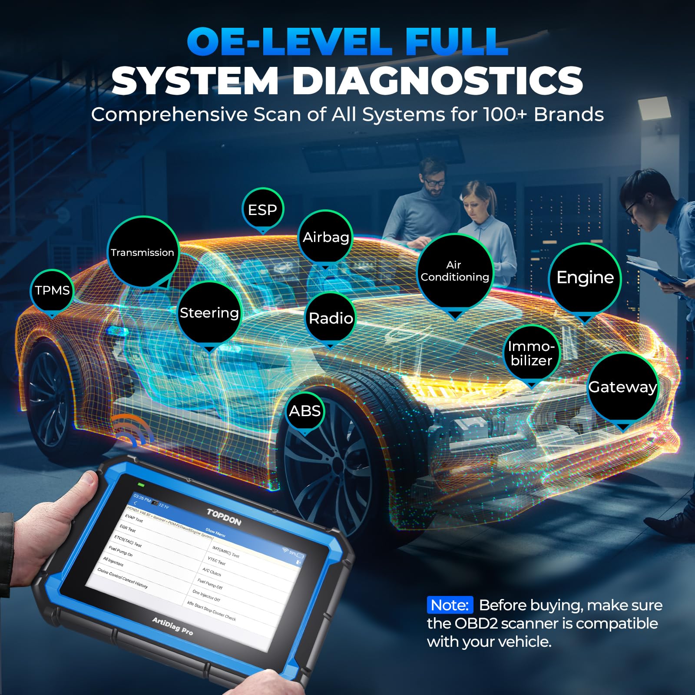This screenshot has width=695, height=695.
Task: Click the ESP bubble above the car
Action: coord(262,210)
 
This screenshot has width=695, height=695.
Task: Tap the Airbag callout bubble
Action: coord(325,237)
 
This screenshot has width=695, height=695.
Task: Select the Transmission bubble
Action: coord(142,252)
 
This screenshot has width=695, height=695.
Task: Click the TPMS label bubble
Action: coord(52,290)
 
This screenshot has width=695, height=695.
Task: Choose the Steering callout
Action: coord(209,313)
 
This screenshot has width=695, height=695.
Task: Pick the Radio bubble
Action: coord(331,318)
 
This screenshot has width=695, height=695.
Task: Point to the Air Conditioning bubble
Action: coord(455,271)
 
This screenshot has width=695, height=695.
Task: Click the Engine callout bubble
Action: coord(585,278)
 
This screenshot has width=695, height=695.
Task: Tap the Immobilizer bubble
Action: coord(531,353)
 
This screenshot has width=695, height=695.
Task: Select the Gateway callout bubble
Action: coord(622,387)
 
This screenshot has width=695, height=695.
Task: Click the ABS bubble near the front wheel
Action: coord(305,411)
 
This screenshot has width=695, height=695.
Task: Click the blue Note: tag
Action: coord(450,605)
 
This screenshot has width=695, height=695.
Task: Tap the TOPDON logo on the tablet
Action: coord(224,517)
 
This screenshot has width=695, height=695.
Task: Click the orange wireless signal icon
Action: coord(132,430)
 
